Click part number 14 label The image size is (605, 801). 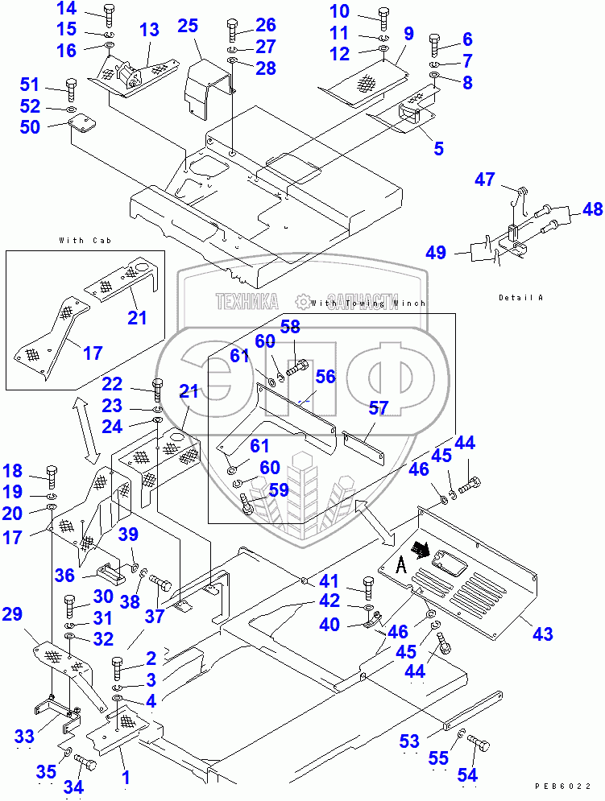pyautogui.click(x=67, y=10)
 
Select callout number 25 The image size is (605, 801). pyautogui.click(x=188, y=26)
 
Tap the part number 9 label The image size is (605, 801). pyautogui.click(x=409, y=34)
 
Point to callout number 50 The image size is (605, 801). pyautogui.click(x=52, y=126)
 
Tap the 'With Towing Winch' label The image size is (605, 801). pyautogui.click(x=367, y=303)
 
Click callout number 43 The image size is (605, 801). pyautogui.click(x=542, y=634)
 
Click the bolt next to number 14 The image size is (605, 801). pyautogui.click(x=110, y=14)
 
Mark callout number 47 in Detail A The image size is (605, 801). pyautogui.click(x=485, y=180)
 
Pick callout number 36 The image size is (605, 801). pyautogui.click(x=65, y=576)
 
